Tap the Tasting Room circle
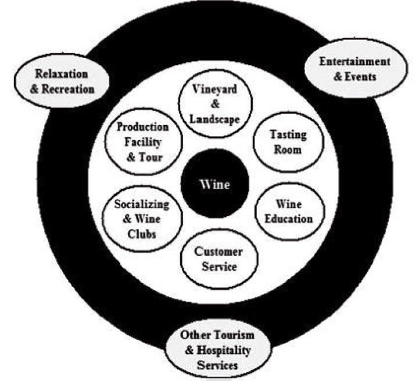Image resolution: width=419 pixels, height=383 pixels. pyautogui.click(x=285, y=142)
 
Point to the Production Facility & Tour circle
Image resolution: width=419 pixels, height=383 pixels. pyautogui.click(x=141, y=142)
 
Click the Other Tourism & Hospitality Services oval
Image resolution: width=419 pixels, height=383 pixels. pyautogui.click(x=209, y=350)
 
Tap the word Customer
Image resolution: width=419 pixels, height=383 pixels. pyautogui.click(x=218, y=252)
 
